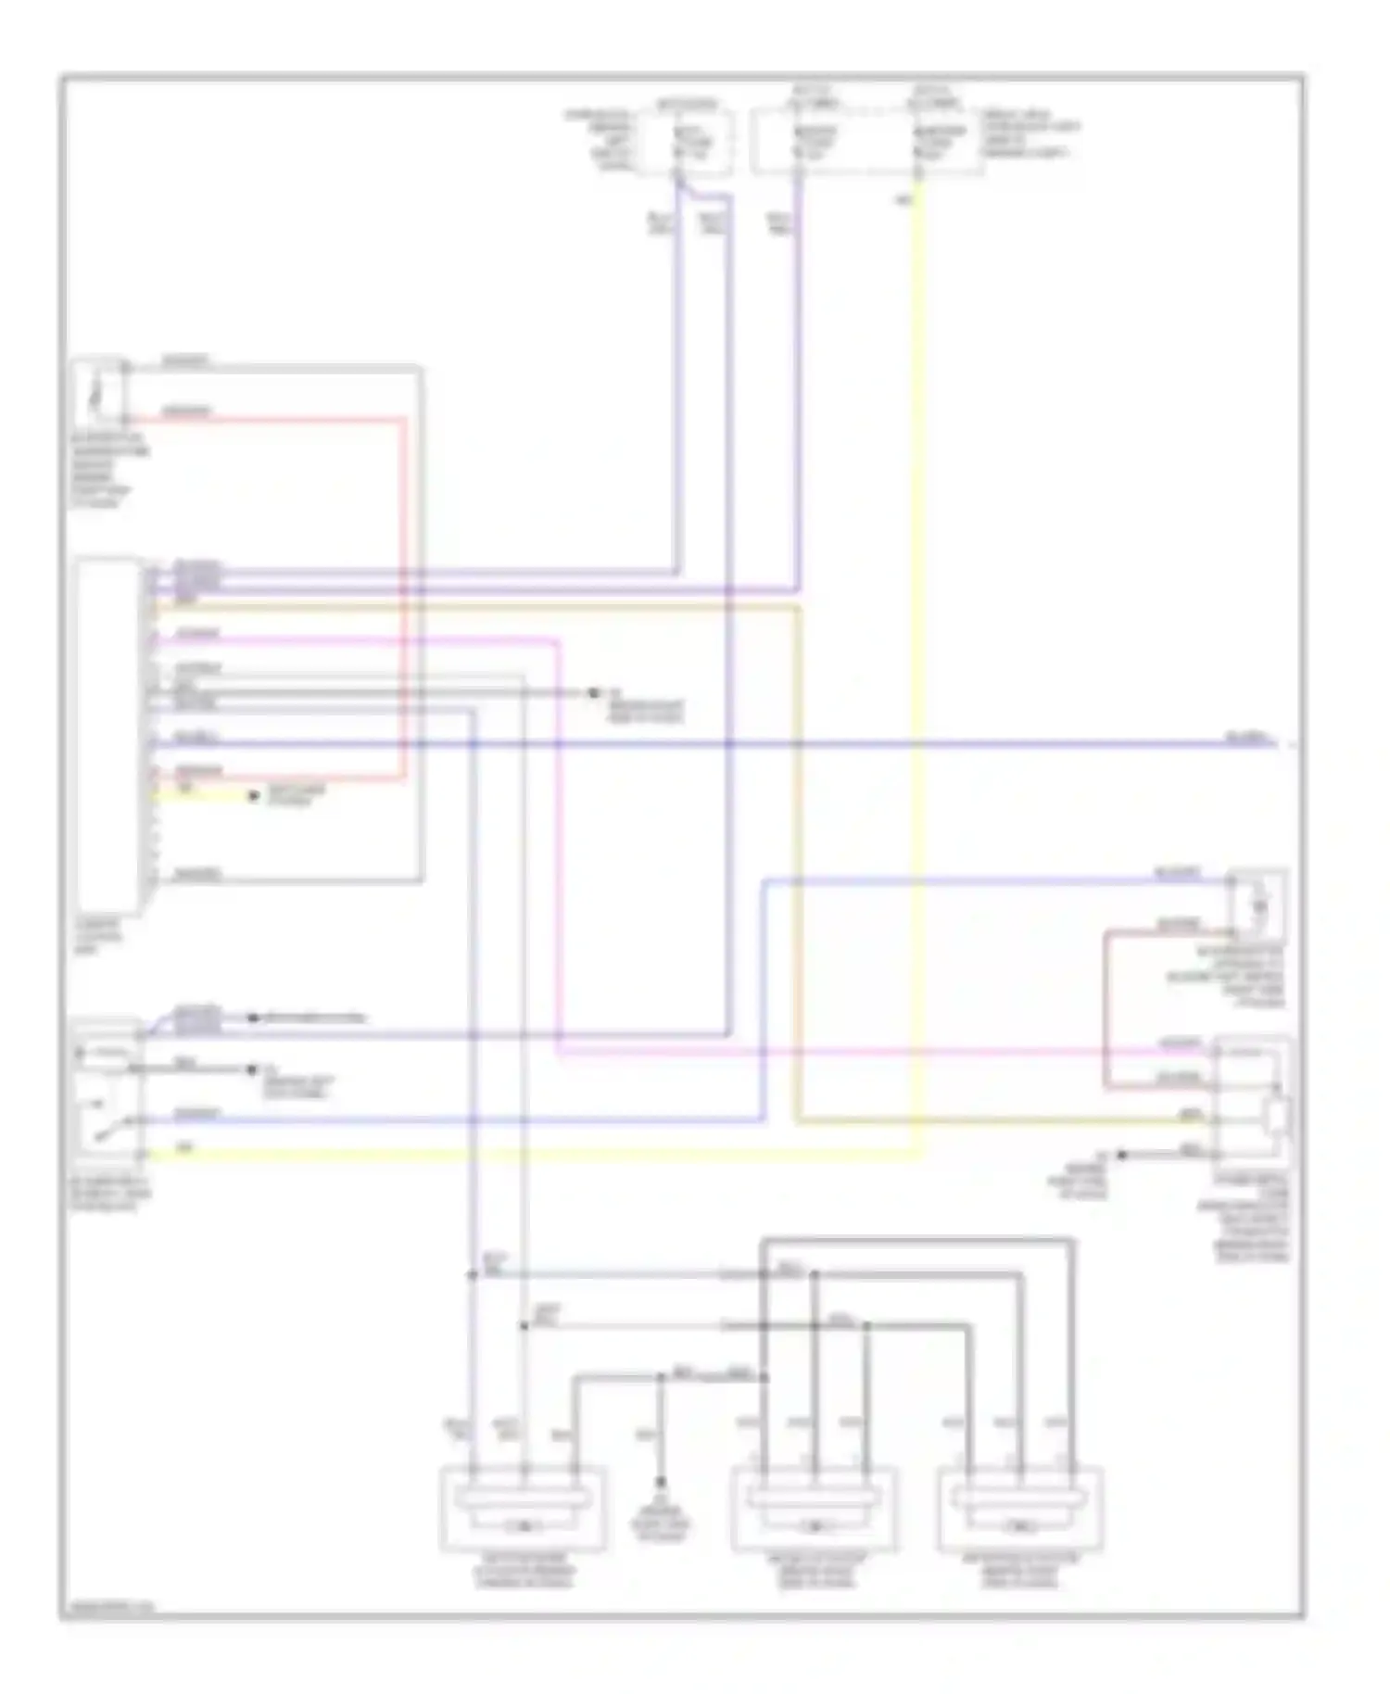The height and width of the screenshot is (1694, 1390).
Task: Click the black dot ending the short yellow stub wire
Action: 254,796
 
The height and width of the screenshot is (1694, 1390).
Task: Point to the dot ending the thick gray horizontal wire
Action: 591,693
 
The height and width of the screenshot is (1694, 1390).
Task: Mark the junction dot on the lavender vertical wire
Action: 472,1276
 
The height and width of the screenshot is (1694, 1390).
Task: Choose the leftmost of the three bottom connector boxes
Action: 524,1509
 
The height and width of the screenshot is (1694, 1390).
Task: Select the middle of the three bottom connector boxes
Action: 815,1509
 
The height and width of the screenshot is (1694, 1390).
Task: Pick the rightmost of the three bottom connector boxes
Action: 1020,1509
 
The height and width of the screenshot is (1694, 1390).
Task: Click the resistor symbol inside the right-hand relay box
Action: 1277,1118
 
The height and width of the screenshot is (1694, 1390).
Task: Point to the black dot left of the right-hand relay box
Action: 1121,1155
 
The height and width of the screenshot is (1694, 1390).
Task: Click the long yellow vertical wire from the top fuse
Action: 919,649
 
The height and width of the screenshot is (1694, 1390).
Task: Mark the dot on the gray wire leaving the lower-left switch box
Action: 251,1069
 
